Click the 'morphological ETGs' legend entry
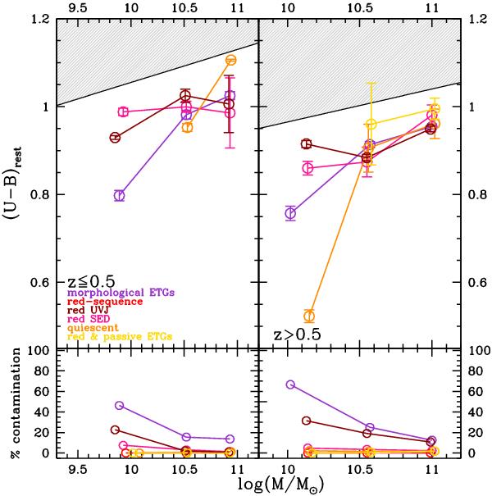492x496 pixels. coord(121,291)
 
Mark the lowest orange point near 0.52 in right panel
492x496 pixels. coord(309,316)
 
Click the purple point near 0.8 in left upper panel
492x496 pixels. coord(120,196)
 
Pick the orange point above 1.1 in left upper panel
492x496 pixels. coord(230,60)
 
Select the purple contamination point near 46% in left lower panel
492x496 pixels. coord(120,406)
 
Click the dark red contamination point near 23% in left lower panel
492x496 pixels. coord(116,430)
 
